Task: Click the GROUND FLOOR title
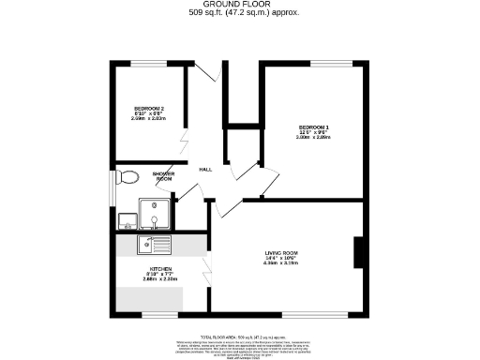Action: coord(239,5)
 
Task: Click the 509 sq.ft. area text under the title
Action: coord(239,14)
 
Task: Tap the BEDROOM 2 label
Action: coord(147,109)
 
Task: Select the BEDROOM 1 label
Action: coord(314,127)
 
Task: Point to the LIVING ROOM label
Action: coord(280,252)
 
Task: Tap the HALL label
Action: coord(204,169)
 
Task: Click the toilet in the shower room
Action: coord(128,176)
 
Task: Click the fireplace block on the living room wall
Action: coord(358,253)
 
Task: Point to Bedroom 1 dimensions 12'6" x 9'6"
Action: coord(314,132)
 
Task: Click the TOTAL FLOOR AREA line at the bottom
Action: coord(239,336)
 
